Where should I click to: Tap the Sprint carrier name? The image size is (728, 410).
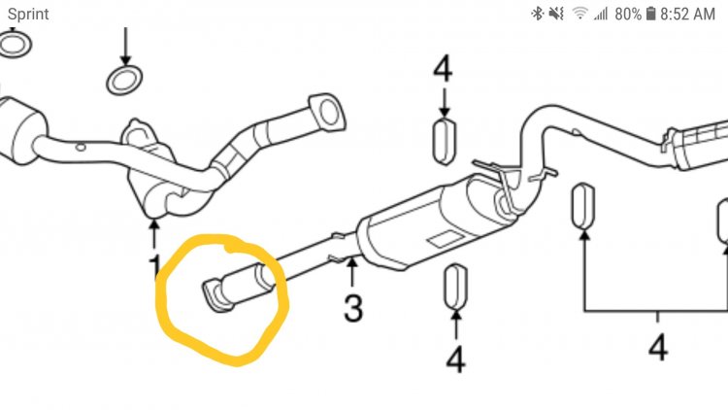click(x=28, y=15)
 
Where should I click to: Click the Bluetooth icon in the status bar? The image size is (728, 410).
click(x=537, y=14)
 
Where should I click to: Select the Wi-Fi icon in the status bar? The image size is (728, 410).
click(x=579, y=13)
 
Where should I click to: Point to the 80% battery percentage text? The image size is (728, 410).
click(x=628, y=14)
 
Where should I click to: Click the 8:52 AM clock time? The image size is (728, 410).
click(x=687, y=14)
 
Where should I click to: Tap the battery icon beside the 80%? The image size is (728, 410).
click(x=650, y=14)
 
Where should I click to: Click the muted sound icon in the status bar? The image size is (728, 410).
click(x=556, y=14)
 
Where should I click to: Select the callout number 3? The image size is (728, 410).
click(x=353, y=308)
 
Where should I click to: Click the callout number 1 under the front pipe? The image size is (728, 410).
click(x=155, y=267)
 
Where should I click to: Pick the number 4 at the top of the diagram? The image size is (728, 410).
click(x=443, y=69)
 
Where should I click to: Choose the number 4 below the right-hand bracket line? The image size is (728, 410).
click(x=658, y=347)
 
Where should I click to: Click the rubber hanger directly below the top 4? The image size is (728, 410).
click(x=445, y=141)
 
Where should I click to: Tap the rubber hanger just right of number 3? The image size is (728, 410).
click(x=455, y=288)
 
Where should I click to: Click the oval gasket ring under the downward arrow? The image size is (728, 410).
click(x=124, y=80)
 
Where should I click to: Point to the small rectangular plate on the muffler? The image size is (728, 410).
click(x=446, y=239)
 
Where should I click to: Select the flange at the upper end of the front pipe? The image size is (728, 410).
click(x=327, y=112)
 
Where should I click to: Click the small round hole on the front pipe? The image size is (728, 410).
click(x=81, y=148)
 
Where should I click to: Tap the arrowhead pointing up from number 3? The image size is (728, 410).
click(x=352, y=263)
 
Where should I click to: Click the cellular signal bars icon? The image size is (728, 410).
click(x=601, y=14)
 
